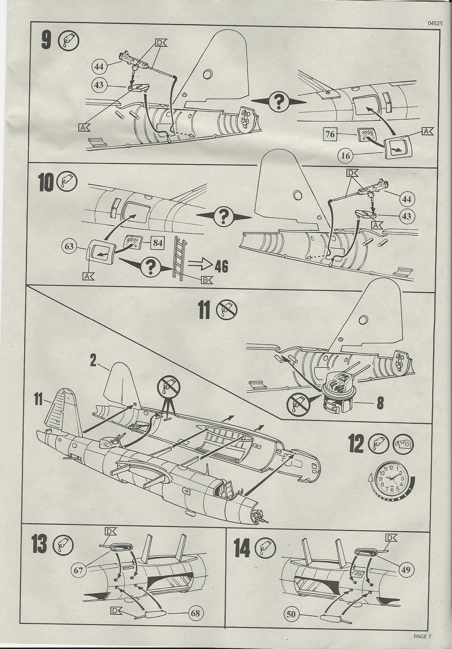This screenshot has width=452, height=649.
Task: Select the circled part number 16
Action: [x=345, y=155]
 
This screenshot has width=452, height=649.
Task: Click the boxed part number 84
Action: [x=157, y=242]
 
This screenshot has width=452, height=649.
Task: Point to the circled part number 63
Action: [x=69, y=246]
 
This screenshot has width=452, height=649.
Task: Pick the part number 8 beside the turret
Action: [x=380, y=403]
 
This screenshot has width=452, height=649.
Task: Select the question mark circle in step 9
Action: [x=279, y=102]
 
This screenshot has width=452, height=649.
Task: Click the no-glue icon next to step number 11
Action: [x=227, y=310]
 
